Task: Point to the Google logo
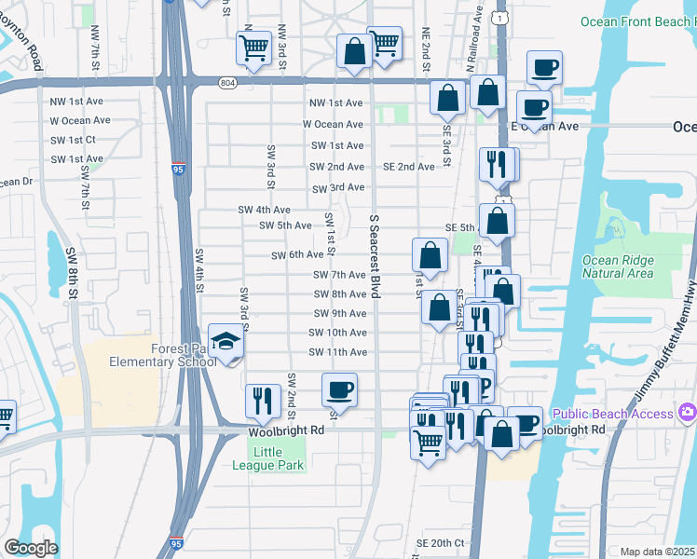[31, 548]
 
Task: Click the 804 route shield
[227, 83]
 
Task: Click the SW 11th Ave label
[337, 352]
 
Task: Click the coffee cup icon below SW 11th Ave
[340, 389]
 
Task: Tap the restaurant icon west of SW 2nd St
[263, 401]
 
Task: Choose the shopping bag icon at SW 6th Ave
[430, 255]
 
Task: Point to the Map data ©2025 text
[658, 552]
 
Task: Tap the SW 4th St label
[199, 271]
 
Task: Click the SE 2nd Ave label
[408, 167]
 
